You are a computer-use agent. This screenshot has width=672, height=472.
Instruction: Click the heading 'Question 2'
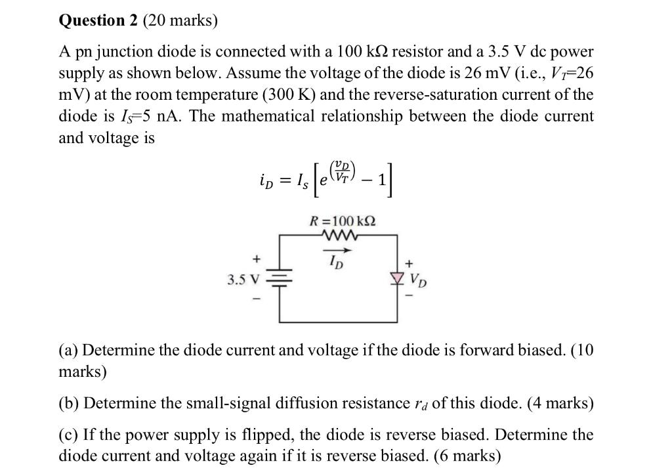click(x=96, y=20)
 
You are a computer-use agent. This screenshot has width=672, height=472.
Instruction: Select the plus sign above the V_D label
click(x=412, y=263)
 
